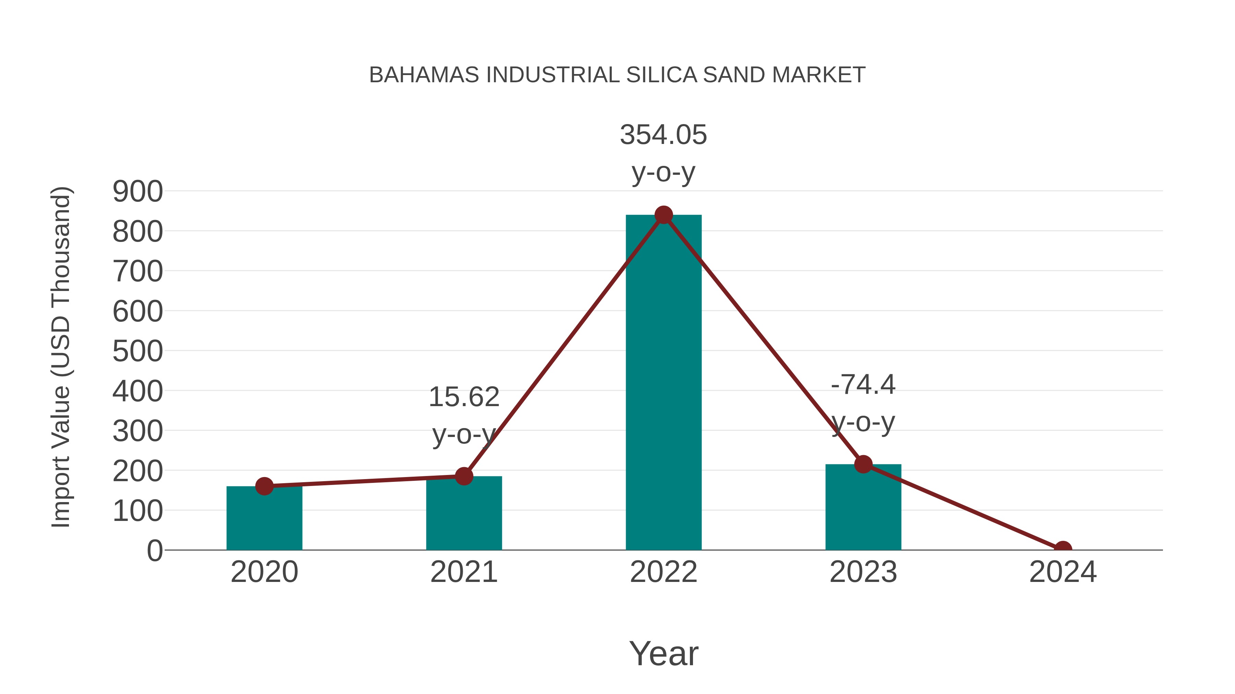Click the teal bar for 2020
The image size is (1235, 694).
pos(264,520)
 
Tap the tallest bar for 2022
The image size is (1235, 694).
pos(663,383)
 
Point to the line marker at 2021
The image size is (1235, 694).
pos(463,476)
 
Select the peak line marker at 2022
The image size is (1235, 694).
pos(663,215)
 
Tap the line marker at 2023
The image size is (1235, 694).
pos(863,464)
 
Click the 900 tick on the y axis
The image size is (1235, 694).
pos(138,192)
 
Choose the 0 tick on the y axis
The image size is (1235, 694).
pos(154,550)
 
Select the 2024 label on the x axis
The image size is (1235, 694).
pos(1063,572)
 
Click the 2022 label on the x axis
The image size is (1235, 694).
pos(663,572)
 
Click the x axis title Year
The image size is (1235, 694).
pos(663,653)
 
